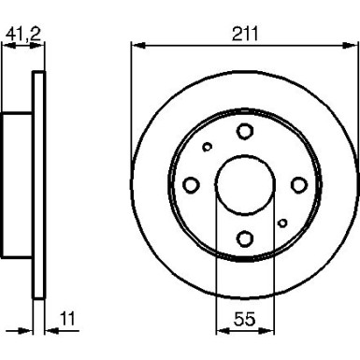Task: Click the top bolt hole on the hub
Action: (244, 132)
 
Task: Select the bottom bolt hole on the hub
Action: (244, 237)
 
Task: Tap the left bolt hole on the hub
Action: (192, 184)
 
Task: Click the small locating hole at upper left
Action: (208, 147)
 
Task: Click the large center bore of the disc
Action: (244, 184)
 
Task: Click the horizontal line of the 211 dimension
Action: (244, 44)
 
